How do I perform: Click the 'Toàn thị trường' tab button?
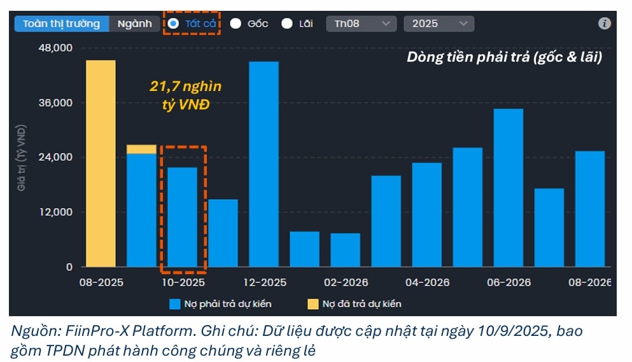[x=61, y=24]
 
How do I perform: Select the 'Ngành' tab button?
[x=134, y=24]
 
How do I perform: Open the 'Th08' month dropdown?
[x=361, y=24]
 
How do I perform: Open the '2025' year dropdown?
[x=438, y=24]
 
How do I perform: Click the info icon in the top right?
[x=604, y=24]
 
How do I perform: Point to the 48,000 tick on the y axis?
[x=57, y=48]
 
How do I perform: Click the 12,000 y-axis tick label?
[x=57, y=212]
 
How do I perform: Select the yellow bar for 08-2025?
[x=101, y=164]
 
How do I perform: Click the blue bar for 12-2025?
[x=263, y=164]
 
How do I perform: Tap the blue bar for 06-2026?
[x=508, y=188]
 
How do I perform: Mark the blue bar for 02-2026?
[x=345, y=250]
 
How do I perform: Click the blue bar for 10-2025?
[x=182, y=217]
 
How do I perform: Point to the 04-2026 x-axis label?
[x=426, y=282]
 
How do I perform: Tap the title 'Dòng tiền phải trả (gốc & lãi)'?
[x=504, y=57]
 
